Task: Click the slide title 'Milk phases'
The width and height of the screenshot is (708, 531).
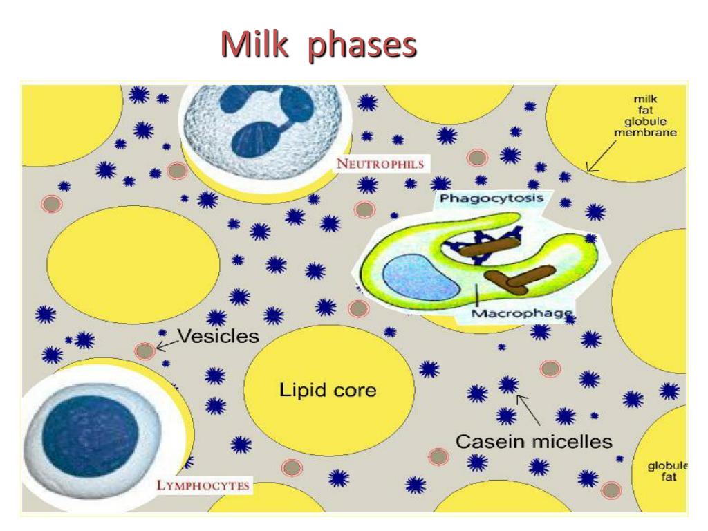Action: click(x=319, y=46)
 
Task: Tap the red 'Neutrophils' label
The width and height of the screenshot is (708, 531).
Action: click(x=380, y=165)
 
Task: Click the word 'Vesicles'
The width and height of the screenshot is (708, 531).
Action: click(x=218, y=337)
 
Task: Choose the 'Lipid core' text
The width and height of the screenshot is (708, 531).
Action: click(x=328, y=390)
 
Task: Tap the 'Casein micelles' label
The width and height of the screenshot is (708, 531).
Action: click(x=533, y=440)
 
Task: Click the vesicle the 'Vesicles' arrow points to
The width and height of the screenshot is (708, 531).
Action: click(x=145, y=351)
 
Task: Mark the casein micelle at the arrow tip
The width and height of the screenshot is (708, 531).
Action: click(x=510, y=385)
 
